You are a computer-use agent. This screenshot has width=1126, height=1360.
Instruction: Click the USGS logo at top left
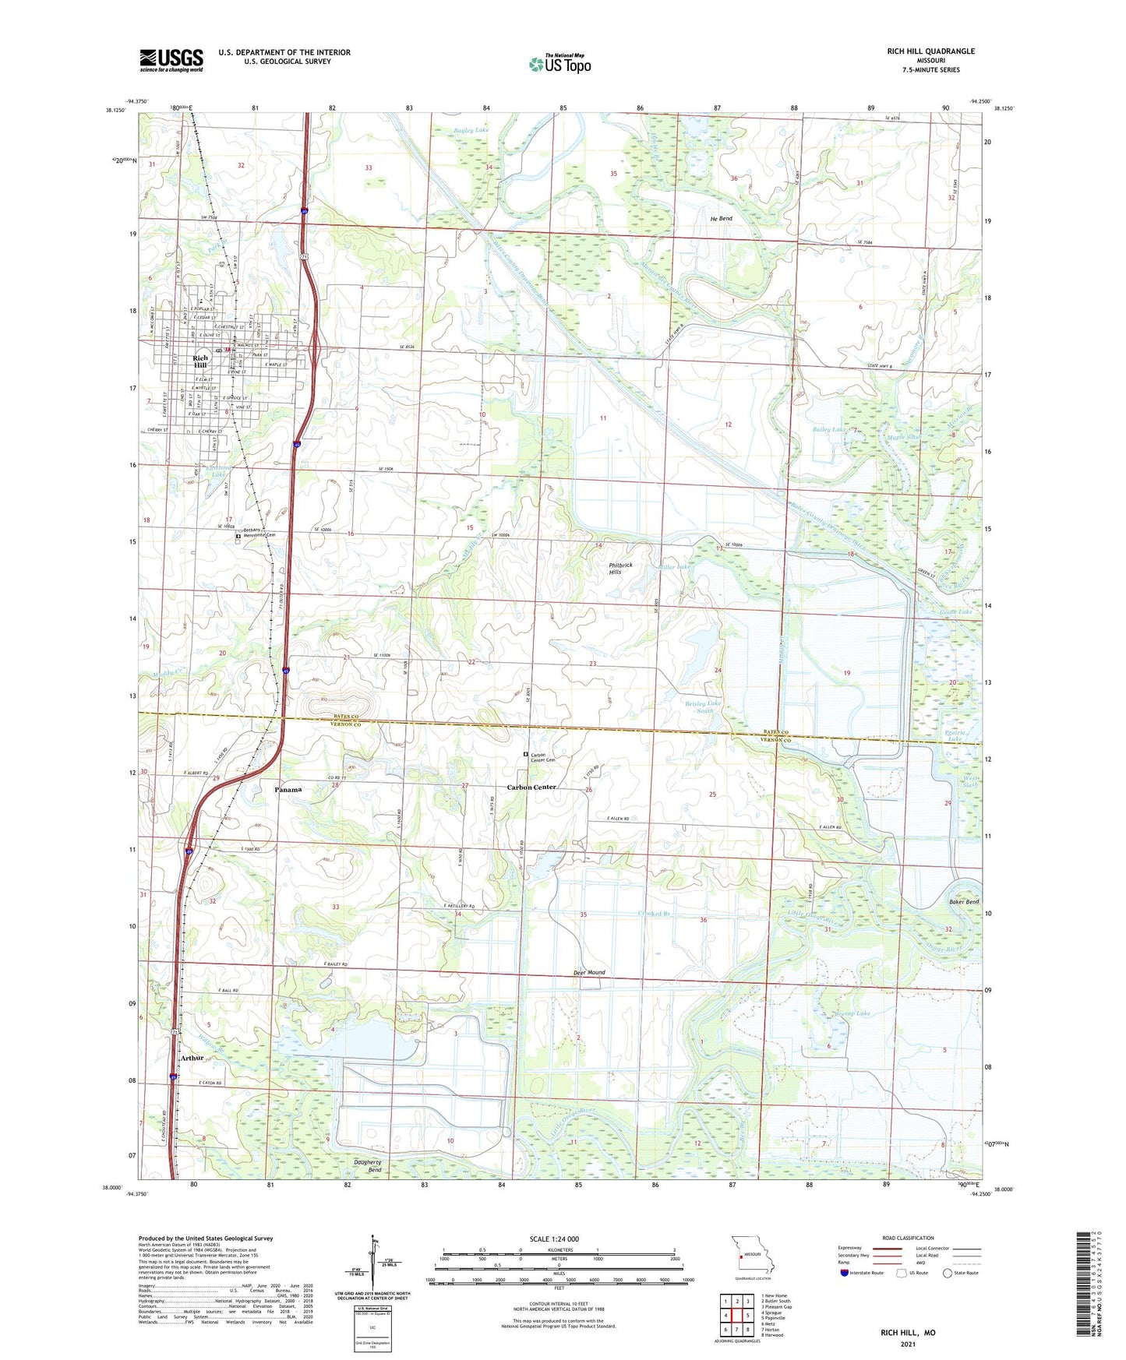click(x=171, y=60)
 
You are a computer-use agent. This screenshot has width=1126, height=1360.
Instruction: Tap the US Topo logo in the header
click(x=559, y=64)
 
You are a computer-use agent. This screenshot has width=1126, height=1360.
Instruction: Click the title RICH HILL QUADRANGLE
click(x=930, y=51)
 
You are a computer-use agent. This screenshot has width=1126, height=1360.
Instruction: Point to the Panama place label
click(x=288, y=789)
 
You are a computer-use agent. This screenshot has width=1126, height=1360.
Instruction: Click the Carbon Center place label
click(x=531, y=787)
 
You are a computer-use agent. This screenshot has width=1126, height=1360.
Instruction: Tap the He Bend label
click(x=721, y=219)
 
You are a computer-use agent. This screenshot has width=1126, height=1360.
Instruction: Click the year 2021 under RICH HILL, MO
click(x=908, y=1344)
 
